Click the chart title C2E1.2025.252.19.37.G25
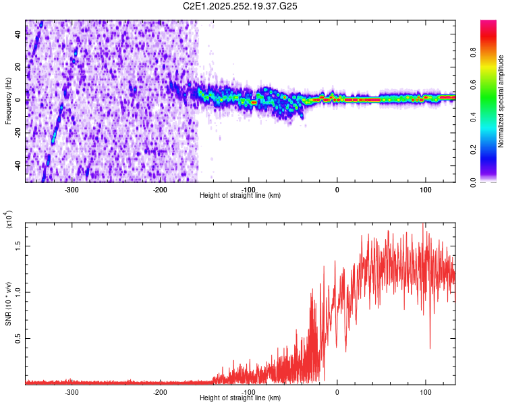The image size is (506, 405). pyautogui.click(x=241, y=6)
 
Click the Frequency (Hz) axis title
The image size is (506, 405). pyautogui.click(x=8, y=101)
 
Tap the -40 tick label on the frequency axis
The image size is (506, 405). pyautogui.click(x=18, y=165)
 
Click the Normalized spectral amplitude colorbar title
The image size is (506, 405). pyautogui.click(x=501, y=101)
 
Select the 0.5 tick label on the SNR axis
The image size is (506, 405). pyautogui.click(x=19, y=338)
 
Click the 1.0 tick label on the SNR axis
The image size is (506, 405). pyautogui.click(x=19, y=292)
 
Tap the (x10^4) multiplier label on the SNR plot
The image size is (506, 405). pyautogui.click(x=8, y=220)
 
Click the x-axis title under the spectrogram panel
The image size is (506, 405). pyautogui.click(x=240, y=196)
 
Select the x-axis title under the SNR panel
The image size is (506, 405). pyautogui.click(x=240, y=398)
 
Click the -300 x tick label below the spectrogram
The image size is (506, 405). pyautogui.click(x=72, y=190)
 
